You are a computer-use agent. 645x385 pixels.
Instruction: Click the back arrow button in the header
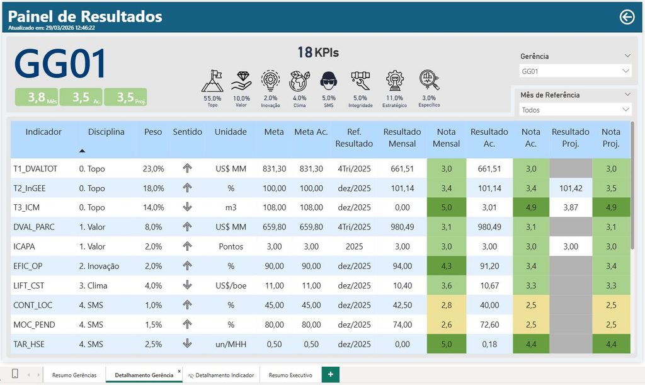click(627, 17)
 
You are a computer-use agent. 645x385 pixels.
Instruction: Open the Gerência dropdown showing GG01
click(575, 71)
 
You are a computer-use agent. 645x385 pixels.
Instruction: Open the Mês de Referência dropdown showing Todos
click(575, 110)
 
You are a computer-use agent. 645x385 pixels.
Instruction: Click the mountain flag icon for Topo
click(212, 81)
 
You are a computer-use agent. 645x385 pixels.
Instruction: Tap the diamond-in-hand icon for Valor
click(241, 81)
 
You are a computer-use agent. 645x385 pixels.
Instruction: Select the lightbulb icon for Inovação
click(270, 81)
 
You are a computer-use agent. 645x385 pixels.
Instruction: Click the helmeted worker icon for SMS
click(329, 81)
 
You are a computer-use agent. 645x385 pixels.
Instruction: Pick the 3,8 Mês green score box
click(37, 97)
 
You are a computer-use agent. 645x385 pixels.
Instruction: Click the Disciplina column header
click(106, 132)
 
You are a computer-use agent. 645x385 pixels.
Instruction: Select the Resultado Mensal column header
click(402, 138)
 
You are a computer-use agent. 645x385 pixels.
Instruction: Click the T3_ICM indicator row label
click(26, 207)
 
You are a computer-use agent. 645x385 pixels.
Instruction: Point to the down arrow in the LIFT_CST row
click(187, 285)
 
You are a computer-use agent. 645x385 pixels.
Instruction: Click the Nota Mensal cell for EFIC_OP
click(447, 266)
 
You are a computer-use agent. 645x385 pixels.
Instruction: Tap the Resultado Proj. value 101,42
click(571, 188)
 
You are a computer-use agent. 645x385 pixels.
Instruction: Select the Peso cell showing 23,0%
click(154, 169)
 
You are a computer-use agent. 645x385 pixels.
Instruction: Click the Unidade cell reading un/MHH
click(231, 344)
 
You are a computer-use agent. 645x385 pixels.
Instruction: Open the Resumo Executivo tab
click(290, 375)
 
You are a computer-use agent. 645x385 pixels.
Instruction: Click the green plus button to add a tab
click(330, 374)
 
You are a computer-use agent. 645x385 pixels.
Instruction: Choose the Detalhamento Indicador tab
click(221, 375)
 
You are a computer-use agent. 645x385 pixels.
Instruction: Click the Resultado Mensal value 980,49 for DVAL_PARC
click(402, 227)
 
